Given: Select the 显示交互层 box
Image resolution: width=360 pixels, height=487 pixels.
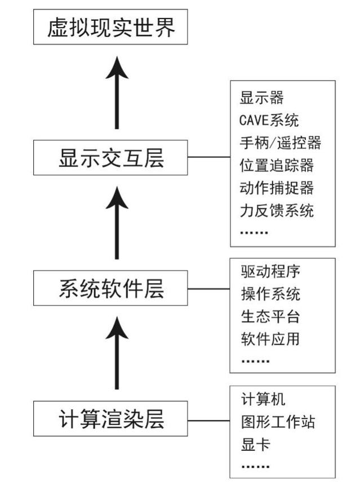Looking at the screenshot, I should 110,158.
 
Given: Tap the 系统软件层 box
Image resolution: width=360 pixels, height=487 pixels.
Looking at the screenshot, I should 110,288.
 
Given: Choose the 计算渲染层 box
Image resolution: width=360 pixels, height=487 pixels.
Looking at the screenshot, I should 110,419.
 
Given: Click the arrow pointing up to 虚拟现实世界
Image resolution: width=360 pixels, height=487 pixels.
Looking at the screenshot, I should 117,93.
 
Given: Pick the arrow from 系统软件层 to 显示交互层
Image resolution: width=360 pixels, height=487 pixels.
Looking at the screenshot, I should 117,223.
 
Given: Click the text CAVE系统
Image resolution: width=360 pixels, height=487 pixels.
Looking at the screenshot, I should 269,119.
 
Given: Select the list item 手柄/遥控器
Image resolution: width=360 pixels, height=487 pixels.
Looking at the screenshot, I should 280,143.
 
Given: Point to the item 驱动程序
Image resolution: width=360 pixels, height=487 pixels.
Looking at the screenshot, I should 270,271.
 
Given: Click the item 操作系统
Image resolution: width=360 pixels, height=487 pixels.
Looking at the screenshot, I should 270,293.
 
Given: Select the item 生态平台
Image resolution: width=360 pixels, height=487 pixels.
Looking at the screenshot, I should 270,316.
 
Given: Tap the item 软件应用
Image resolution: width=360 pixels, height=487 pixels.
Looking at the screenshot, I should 270,339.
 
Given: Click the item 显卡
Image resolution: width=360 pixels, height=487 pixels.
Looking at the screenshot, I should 255,444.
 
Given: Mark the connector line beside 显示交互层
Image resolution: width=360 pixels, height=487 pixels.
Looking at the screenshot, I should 208,158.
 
